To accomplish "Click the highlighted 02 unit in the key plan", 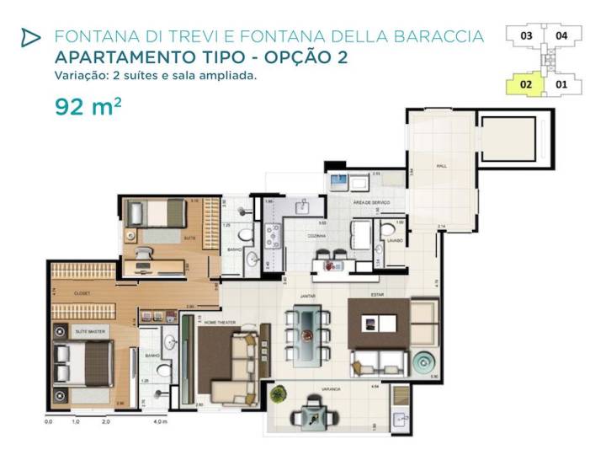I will pyautogui.click(x=525, y=84).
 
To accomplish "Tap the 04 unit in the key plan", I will pyautogui.click(x=562, y=36).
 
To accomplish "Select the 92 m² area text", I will pyautogui.click(x=88, y=107).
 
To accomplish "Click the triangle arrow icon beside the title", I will pyautogui.click(x=30, y=37).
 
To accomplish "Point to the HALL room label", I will pyautogui.click(x=440, y=167).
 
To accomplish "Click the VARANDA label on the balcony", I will pyautogui.click(x=331, y=389).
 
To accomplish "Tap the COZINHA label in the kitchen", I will pyautogui.click(x=316, y=238).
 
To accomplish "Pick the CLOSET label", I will pyautogui.click(x=82, y=292).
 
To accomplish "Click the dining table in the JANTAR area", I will pyautogui.click(x=307, y=333).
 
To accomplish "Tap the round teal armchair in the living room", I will pyautogui.click(x=422, y=364).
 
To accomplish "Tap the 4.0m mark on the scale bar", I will pyautogui.click(x=160, y=420).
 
